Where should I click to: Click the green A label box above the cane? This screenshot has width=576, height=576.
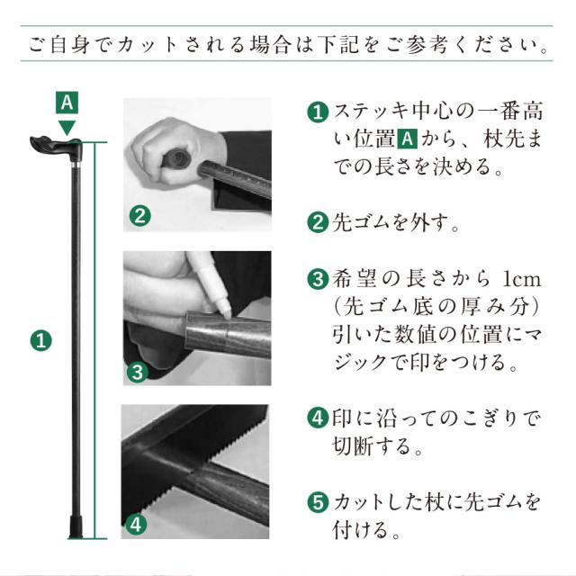(x=67, y=103)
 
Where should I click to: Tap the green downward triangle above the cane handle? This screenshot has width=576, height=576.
(x=67, y=127)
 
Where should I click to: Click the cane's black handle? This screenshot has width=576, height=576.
(x=56, y=147)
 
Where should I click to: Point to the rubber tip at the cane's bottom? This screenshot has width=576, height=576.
(x=76, y=527)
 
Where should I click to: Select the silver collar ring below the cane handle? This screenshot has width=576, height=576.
(x=76, y=164)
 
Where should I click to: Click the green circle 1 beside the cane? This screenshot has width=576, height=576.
(x=41, y=340)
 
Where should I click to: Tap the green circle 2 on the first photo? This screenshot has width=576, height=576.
(x=140, y=216)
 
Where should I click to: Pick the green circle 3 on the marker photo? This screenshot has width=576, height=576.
(x=138, y=372)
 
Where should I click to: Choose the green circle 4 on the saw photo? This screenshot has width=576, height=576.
(x=136, y=525)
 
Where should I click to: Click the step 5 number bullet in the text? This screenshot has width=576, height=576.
(x=318, y=501)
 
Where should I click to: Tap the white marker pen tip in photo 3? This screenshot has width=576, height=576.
(x=226, y=313)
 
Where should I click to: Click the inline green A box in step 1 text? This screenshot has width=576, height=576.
(x=407, y=139)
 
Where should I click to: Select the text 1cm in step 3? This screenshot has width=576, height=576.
(x=522, y=280)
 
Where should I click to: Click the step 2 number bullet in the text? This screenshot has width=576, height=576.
(x=318, y=222)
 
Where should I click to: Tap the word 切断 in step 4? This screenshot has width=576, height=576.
(x=352, y=445)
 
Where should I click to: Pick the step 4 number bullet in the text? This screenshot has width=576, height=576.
(x=318, y=418)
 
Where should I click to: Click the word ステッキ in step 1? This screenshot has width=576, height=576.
(x=371, y=112)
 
